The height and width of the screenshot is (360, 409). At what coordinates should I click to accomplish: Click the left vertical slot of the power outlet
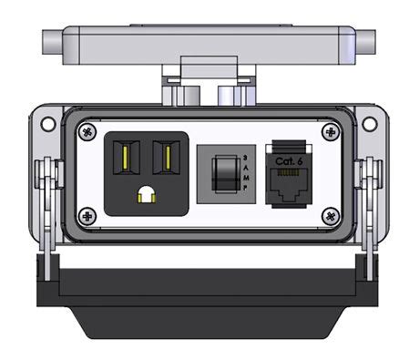click(x=124, y=159)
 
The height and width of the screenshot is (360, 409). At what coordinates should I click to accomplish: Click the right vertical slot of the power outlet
click(x=167, y=159)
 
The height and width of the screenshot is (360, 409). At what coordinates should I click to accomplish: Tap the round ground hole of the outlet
click(x=146, y=194)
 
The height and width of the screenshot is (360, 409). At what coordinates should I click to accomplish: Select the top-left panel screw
click(x=87, y=131)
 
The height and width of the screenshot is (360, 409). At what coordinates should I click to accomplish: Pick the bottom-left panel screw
click(x=87, y=216)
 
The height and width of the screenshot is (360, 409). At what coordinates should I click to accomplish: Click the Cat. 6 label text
click(x=289, y=160)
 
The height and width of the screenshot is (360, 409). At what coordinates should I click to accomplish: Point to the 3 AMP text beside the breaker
click(x=243, y=172)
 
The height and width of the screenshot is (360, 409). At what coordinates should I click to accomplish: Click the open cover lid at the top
click(x=209, y=42)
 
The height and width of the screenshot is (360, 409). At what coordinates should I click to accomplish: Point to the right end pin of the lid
click(x=364, y=41)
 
